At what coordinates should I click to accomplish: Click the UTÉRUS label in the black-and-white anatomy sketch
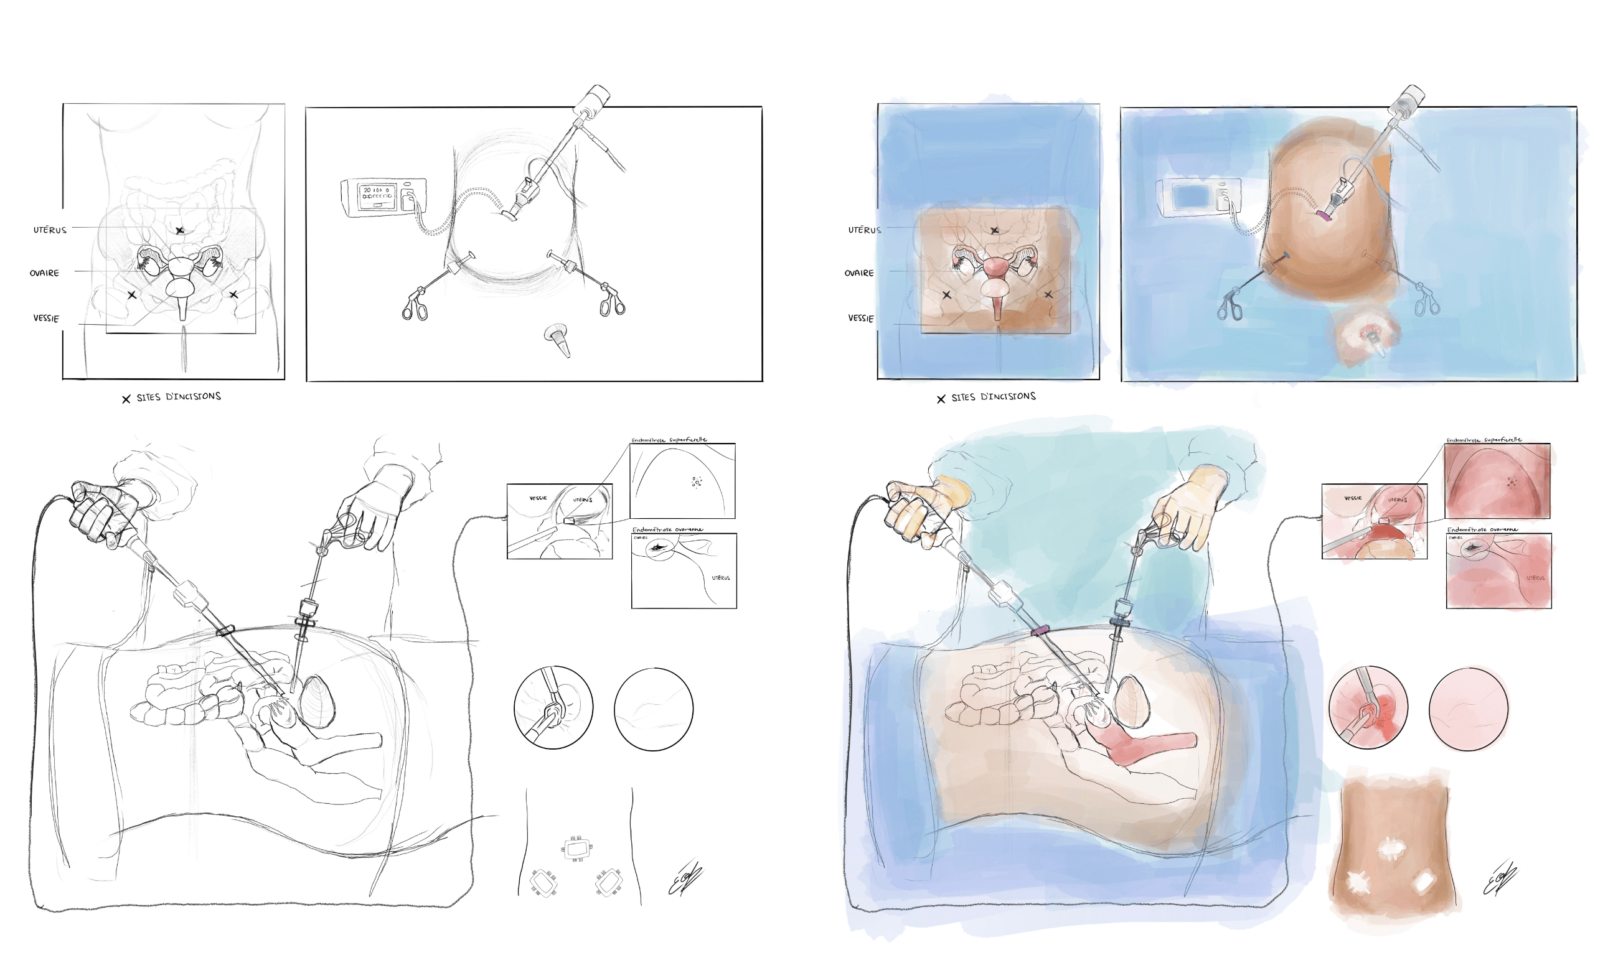pyautogui.click(x=50, y=230)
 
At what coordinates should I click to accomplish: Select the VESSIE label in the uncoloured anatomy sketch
pyautogui.click(x=46, y=318)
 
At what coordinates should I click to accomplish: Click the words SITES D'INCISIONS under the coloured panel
pyautogui.click(x=993, y=396)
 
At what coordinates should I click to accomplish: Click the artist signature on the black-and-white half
pyautogui.click(x=685, y=878)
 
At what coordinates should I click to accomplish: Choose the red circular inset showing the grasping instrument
pyautogui.click(x=1368, y=708)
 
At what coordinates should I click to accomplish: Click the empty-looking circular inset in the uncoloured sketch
pyautogui.click(x=653, y=709)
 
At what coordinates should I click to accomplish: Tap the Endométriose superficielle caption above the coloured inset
pyautogui.click(x=1484, y=440)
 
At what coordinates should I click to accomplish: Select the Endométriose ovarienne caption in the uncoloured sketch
pyautogui.click(x=667, y=529)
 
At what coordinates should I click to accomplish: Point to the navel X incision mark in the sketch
pyautogui.click(x=180, y=230)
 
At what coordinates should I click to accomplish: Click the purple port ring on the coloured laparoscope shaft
pyautogui.click(x=1040, y=630)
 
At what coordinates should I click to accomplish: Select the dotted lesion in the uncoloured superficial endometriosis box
pyautogui.click(x=697, y=481)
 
